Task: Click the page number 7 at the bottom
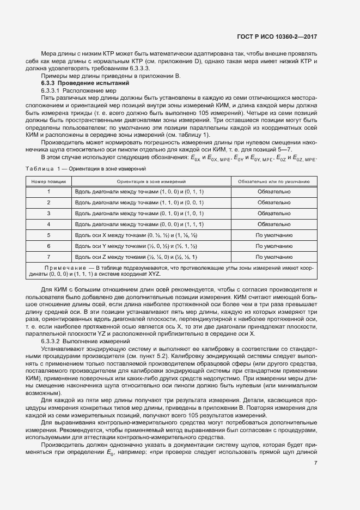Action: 316,463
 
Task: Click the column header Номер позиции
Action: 48,181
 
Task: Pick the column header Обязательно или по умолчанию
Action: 274,181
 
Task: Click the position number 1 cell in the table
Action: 48,191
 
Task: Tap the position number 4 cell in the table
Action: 48,224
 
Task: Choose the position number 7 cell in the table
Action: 48,257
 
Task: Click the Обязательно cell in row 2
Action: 274,202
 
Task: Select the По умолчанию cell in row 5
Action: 274,235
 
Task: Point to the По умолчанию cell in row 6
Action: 274,246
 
